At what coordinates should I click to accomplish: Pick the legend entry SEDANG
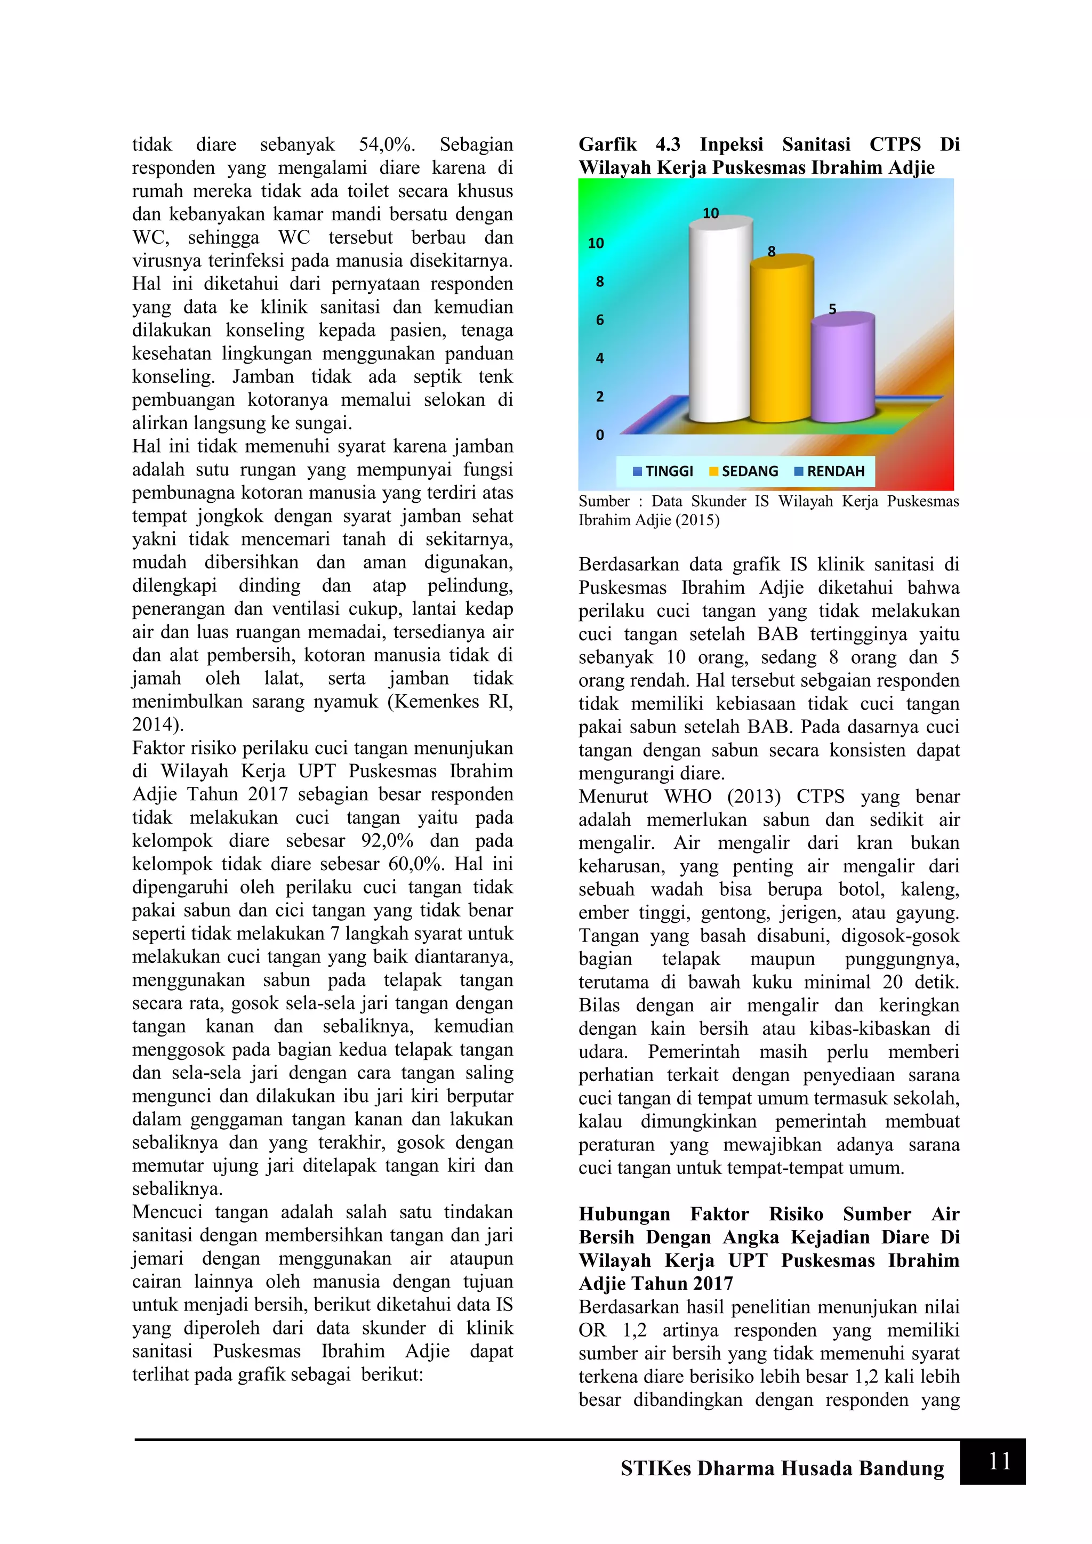(744, 471)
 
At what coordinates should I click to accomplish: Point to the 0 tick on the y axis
(600, 435)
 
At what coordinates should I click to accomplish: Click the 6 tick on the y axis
(600, 320)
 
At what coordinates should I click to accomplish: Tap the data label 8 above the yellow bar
(771, 252)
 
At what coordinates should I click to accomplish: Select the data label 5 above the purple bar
(832, 309)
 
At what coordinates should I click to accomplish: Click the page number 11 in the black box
(999, 1461)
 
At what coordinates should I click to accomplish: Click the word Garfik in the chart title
(607, 144)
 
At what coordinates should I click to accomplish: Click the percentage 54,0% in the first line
(387, 144)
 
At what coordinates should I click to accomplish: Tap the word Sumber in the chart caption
(604, 501)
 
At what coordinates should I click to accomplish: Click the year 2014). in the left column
(157, 725)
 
